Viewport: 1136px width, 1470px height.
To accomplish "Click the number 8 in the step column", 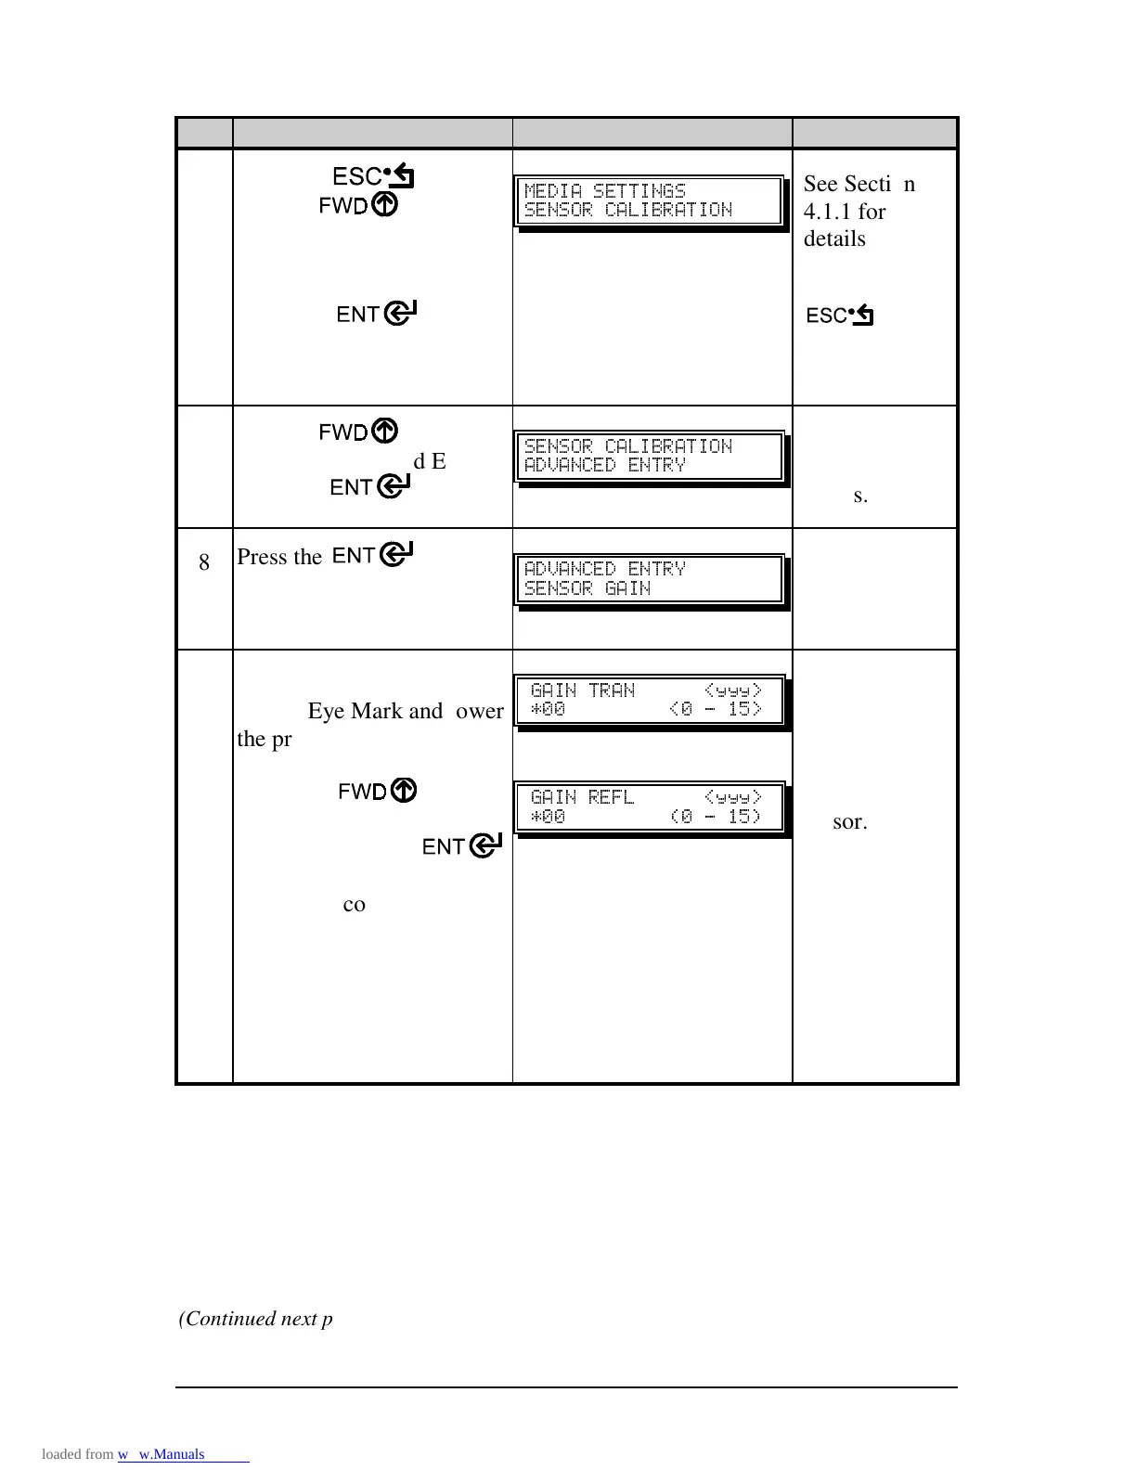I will [204, 561].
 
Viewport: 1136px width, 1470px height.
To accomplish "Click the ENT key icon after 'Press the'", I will [372, 555].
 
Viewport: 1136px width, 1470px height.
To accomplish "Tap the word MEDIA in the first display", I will [553, 191].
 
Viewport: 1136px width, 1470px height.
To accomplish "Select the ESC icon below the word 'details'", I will [840, 316].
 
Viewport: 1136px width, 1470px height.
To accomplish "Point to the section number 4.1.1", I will [831, 212].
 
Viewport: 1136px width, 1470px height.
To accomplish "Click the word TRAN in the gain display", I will [612, 690].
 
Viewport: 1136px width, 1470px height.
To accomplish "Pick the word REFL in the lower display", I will [612, 797].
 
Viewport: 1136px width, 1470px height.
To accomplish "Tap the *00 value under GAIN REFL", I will [548, 817].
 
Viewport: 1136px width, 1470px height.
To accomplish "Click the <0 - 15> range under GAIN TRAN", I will [716, 710].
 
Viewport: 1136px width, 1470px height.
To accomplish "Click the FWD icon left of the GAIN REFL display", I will [377, 791].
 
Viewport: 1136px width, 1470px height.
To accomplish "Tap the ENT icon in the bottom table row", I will [462, 846].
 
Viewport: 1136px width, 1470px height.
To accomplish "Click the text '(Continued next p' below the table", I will [255, 1319].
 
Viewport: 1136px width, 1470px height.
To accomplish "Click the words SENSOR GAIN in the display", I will [587, 588].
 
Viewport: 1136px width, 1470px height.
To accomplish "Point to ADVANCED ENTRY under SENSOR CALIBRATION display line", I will [605, 465].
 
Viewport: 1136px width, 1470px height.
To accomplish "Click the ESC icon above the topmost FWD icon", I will [373, 175].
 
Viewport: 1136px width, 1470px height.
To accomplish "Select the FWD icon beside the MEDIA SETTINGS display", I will [358, 205].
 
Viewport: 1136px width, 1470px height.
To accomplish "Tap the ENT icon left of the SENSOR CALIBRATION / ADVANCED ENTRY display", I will [370, 486].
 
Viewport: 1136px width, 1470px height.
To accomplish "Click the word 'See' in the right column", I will [820, 184].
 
